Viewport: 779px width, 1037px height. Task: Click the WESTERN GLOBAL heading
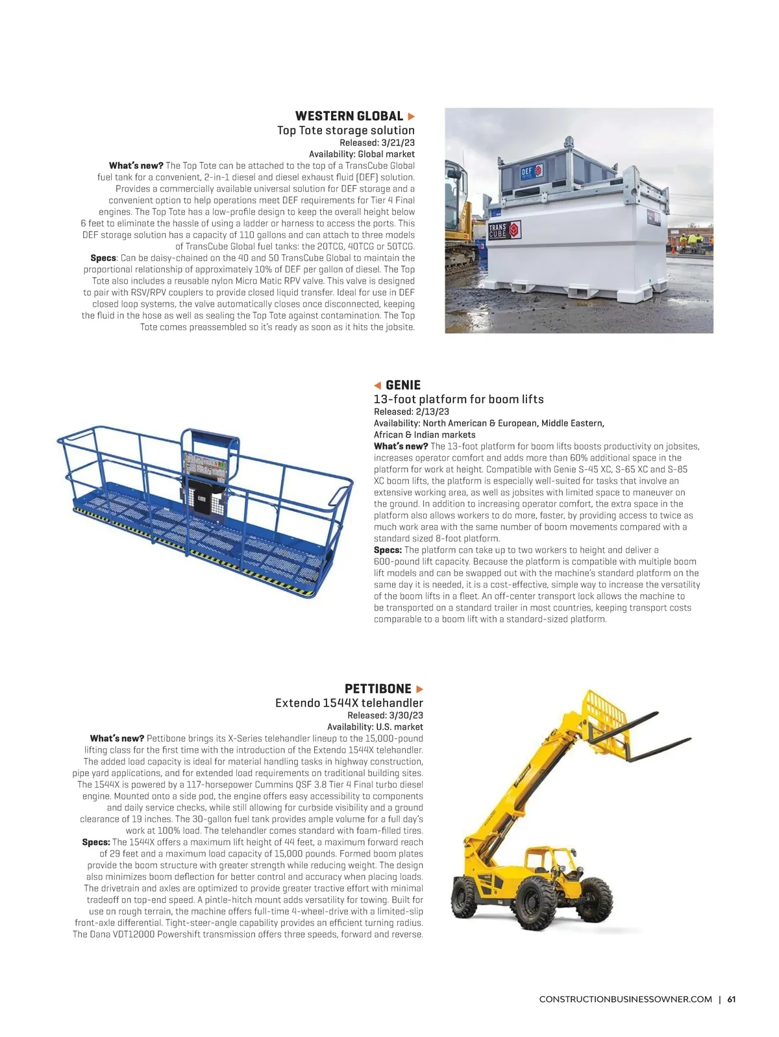pos(349,116)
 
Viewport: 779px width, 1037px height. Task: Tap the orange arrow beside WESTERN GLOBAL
pos(411,116)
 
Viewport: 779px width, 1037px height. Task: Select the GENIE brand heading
pos(403,385)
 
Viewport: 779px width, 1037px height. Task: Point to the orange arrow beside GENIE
pos(377,385)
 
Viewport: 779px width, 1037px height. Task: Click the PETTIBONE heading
pos(378,689)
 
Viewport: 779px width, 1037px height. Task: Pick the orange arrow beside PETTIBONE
pos(419,689)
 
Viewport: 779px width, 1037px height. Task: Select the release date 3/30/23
pos(406,715)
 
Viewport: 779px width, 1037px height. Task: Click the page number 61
pos(731,999)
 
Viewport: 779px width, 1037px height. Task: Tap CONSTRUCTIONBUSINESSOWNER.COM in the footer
pos(625,999)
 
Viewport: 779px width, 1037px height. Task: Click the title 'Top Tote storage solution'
pos(345,130)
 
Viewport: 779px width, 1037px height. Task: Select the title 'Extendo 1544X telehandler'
pos(349,703)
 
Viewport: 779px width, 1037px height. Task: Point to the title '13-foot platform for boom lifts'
pos(458,399)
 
